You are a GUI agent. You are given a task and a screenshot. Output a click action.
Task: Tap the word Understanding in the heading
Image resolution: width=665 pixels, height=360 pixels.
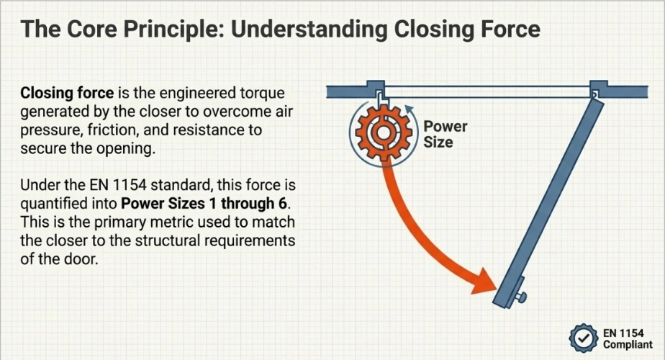point(304,30)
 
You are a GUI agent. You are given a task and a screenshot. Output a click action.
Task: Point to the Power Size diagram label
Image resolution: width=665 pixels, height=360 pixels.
point(445,135)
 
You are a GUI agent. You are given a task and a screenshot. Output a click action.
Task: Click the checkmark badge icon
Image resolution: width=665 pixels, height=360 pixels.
point(582,337)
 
